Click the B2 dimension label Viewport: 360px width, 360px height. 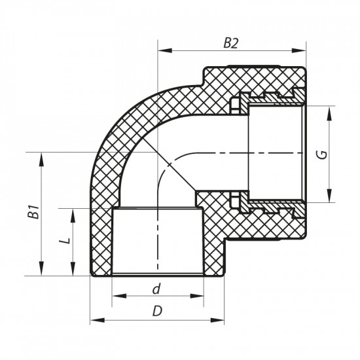pyautogui.click(x=230, y=43)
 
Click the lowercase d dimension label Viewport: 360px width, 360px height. pyautogui.click(x=156, y=289)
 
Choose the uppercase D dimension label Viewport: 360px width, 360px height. pyautogui.click(x=157, y=312)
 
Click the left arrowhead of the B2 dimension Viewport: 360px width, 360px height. pyautogui.click(x=162, y=50)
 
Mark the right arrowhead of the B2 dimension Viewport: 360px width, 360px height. pyautogui.click(x=302, y=50)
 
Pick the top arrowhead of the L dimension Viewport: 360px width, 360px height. pyautogui.click(x=71, y=212)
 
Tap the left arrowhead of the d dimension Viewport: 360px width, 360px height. pyautogui.click(x=117, y=297)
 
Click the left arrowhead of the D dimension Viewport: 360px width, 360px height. pyautogui.click(x=95, y=320)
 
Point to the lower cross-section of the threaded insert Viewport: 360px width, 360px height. pyautogui.click(x=268, y=205)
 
